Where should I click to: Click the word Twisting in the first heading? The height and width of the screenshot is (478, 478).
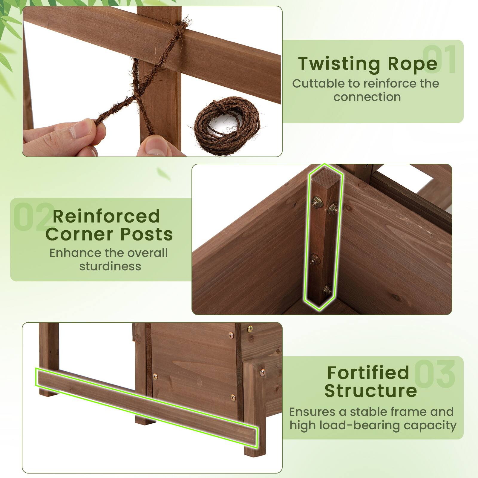[x=339, y=64]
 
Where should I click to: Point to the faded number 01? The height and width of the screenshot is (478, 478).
[x=439, y=60]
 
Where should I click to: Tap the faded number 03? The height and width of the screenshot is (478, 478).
[x=435, y=373]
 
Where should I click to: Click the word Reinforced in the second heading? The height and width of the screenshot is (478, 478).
[x=106, y=217]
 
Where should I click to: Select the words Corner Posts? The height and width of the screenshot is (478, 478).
[x=109, y=234]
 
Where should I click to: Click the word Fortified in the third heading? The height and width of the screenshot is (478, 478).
[x=368, y=373]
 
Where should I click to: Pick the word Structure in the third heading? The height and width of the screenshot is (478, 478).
[x=370, y=390]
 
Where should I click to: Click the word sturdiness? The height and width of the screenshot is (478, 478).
[x=110, y=266]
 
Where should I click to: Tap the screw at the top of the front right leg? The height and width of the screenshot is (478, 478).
[x=262, y=372]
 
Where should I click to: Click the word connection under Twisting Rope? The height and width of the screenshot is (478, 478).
[x=367, y=97]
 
